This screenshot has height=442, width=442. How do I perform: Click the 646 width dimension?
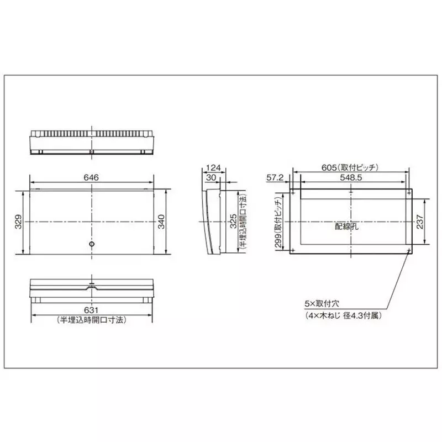[91, 177]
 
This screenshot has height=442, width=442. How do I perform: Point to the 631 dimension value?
[91, 311]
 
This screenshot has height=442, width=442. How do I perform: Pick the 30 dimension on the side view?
[211, 177]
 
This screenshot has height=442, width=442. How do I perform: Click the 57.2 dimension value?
[275, 177]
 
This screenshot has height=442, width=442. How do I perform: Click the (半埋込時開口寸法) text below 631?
[91, 320]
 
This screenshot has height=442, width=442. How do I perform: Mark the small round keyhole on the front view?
[92, 244]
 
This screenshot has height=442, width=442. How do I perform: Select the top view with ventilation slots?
[91, 141]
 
